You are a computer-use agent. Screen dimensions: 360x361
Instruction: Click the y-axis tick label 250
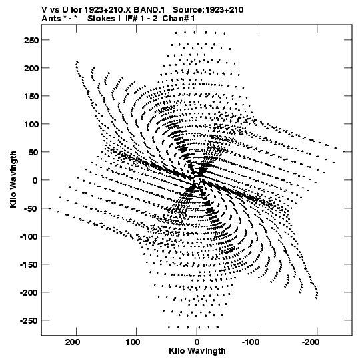pyautogui.click(x=31, y=40)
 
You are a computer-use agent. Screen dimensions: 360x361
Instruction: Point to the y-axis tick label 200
pyautogui.click(x=31, y=68)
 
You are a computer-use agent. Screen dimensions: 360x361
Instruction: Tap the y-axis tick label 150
pyautogui.click(x=31, y=97)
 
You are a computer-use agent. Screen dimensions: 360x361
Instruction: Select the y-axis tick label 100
pyautogui.click(x=31, y=125)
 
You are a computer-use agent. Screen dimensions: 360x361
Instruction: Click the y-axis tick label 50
pyautogui.click(x=33, y=152)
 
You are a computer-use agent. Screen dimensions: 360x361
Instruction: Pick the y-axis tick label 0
pyautogui.click(x=35, y=180)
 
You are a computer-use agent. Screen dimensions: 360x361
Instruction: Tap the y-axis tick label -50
pyautogui.click(x=31, y=209)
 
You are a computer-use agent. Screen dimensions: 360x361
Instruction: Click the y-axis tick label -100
pyautogui.click(x=29, y=237)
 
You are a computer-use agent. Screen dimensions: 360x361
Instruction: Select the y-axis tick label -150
pyautogui.click(x=29, y=265)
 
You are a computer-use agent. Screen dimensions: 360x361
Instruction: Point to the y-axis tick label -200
pyautogui.click(x=29, y=293)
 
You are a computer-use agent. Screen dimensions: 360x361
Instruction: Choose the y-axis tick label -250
pyautogui.click(x=29, y=321)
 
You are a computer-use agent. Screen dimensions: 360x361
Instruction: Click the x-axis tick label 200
pyautogui.click(x=73, y=342)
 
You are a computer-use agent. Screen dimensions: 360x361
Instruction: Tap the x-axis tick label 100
pyautogui.click(x=133, y=342)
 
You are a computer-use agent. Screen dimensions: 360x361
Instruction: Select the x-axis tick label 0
pyautogui.click(x=197, y=342)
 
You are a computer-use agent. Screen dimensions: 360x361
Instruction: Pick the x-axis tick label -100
pyautogui.click(x=251, y=342)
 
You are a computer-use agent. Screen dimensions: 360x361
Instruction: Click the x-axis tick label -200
pyautogui.click(x=311, y=342)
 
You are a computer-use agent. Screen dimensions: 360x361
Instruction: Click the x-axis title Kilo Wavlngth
pyautogui.click(x=197, y=351)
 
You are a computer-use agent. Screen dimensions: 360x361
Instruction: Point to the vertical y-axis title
pyautogui.click(x=13, y=179)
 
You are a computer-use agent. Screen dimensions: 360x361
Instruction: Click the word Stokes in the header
pyautogui.click(x=101, y=19)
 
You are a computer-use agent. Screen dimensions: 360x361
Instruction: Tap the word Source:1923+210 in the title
pyautogui.click(x=208, y=10)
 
